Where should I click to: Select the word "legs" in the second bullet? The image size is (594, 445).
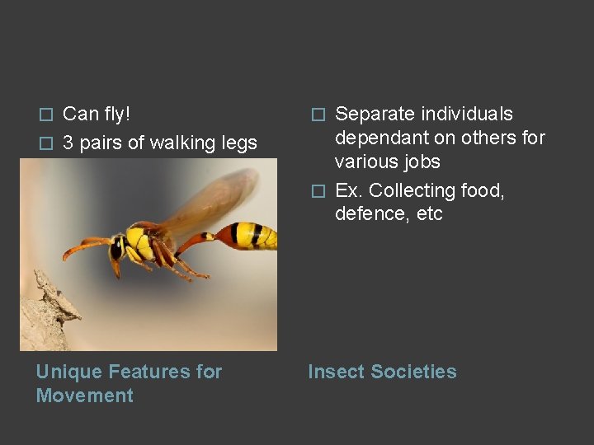tap(238, 143)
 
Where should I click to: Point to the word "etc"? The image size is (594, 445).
tap(427, 214)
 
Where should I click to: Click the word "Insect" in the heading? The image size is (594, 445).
tap(336, 372)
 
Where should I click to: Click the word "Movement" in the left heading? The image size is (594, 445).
tap(84, 396)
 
